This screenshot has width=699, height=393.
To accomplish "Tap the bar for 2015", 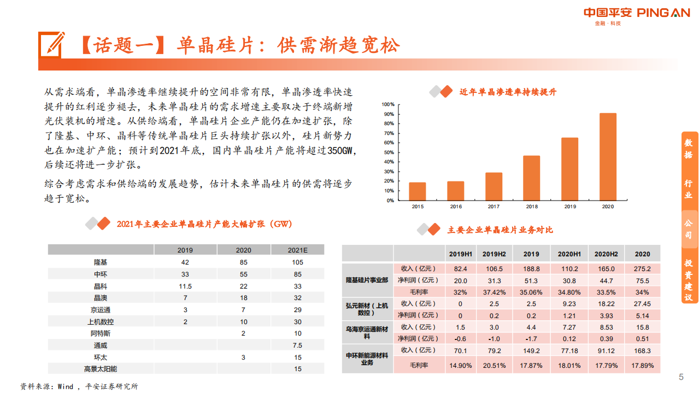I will pyautogui.click(x=417, y=191).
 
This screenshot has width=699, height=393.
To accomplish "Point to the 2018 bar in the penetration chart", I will pyautogui.click(x=531, y=178).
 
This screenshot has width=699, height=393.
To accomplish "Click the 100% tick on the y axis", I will pyautogui.click(x=388, y=104).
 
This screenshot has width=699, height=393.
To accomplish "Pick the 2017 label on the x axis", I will pyautogui.click(x=494, y=207).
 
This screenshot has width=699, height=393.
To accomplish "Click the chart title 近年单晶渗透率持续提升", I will pyautogui.click(x=508, y=92).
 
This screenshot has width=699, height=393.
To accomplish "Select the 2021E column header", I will pyautogui.click(x=297, y=250).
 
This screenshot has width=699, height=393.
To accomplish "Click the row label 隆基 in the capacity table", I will pyautogui.click(x=101, y=262).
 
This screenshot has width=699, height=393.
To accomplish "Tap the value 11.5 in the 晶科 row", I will pyautogui.click(x=185, y=286).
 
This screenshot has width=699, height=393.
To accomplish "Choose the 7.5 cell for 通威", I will pyautogui.click(x=297, y=345).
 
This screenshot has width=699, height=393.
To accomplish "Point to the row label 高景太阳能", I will pyautogui.click(x=101, y=369).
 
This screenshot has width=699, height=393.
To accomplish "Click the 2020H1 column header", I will pyautogui.click(x=569, y=254).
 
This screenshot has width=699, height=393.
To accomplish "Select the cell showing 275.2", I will pyautogui.click(x=642, y=269).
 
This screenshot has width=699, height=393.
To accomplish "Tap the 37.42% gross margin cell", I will pyautogui.click(x=494, y=292).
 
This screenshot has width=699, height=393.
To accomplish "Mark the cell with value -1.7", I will pyautogui.click(x=531, y=338).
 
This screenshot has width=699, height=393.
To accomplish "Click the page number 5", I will pyautogui.click(x=681, y=377).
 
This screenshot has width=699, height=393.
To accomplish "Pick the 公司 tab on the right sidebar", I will pyautogui.click(x=689, y=230).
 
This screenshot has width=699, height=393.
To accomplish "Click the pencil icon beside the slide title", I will pyautogui.click(x=52, y=44).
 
